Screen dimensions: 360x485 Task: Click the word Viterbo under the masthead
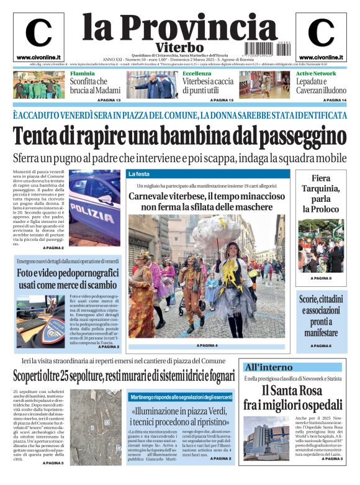coord(179,47)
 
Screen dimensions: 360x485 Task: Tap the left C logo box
coord(38,36)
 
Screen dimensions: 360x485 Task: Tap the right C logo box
coord(321,36)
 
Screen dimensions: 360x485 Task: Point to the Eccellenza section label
coord(197,73)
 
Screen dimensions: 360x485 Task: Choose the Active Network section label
coord(316,73)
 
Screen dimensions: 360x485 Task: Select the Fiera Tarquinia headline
coord(321,193)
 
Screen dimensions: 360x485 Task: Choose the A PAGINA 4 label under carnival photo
coord(207,345)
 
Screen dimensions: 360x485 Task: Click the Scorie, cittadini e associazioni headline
coord(320,315)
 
